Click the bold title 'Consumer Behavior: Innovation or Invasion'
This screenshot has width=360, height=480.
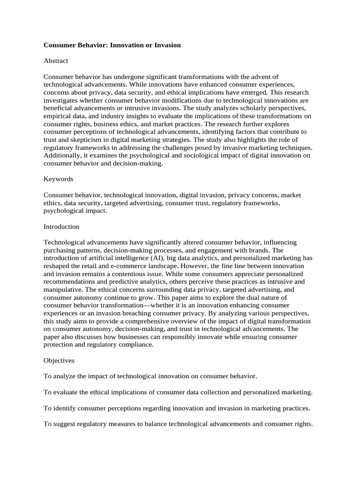(x=112, y=45)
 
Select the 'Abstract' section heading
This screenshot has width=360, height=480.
(x=56, y=60)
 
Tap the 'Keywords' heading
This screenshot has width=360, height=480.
(x=58, y=179)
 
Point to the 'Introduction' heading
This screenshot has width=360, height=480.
(x=61, y=226)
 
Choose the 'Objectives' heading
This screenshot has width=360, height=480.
(x=59, y=360)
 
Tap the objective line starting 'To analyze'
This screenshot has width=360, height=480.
(x=150, y=376)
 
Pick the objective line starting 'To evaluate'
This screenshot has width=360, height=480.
(x=178, y=392)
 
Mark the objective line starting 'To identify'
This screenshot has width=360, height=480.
(x=177, y=408)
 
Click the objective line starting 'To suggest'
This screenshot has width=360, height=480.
(x=178, y=424)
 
